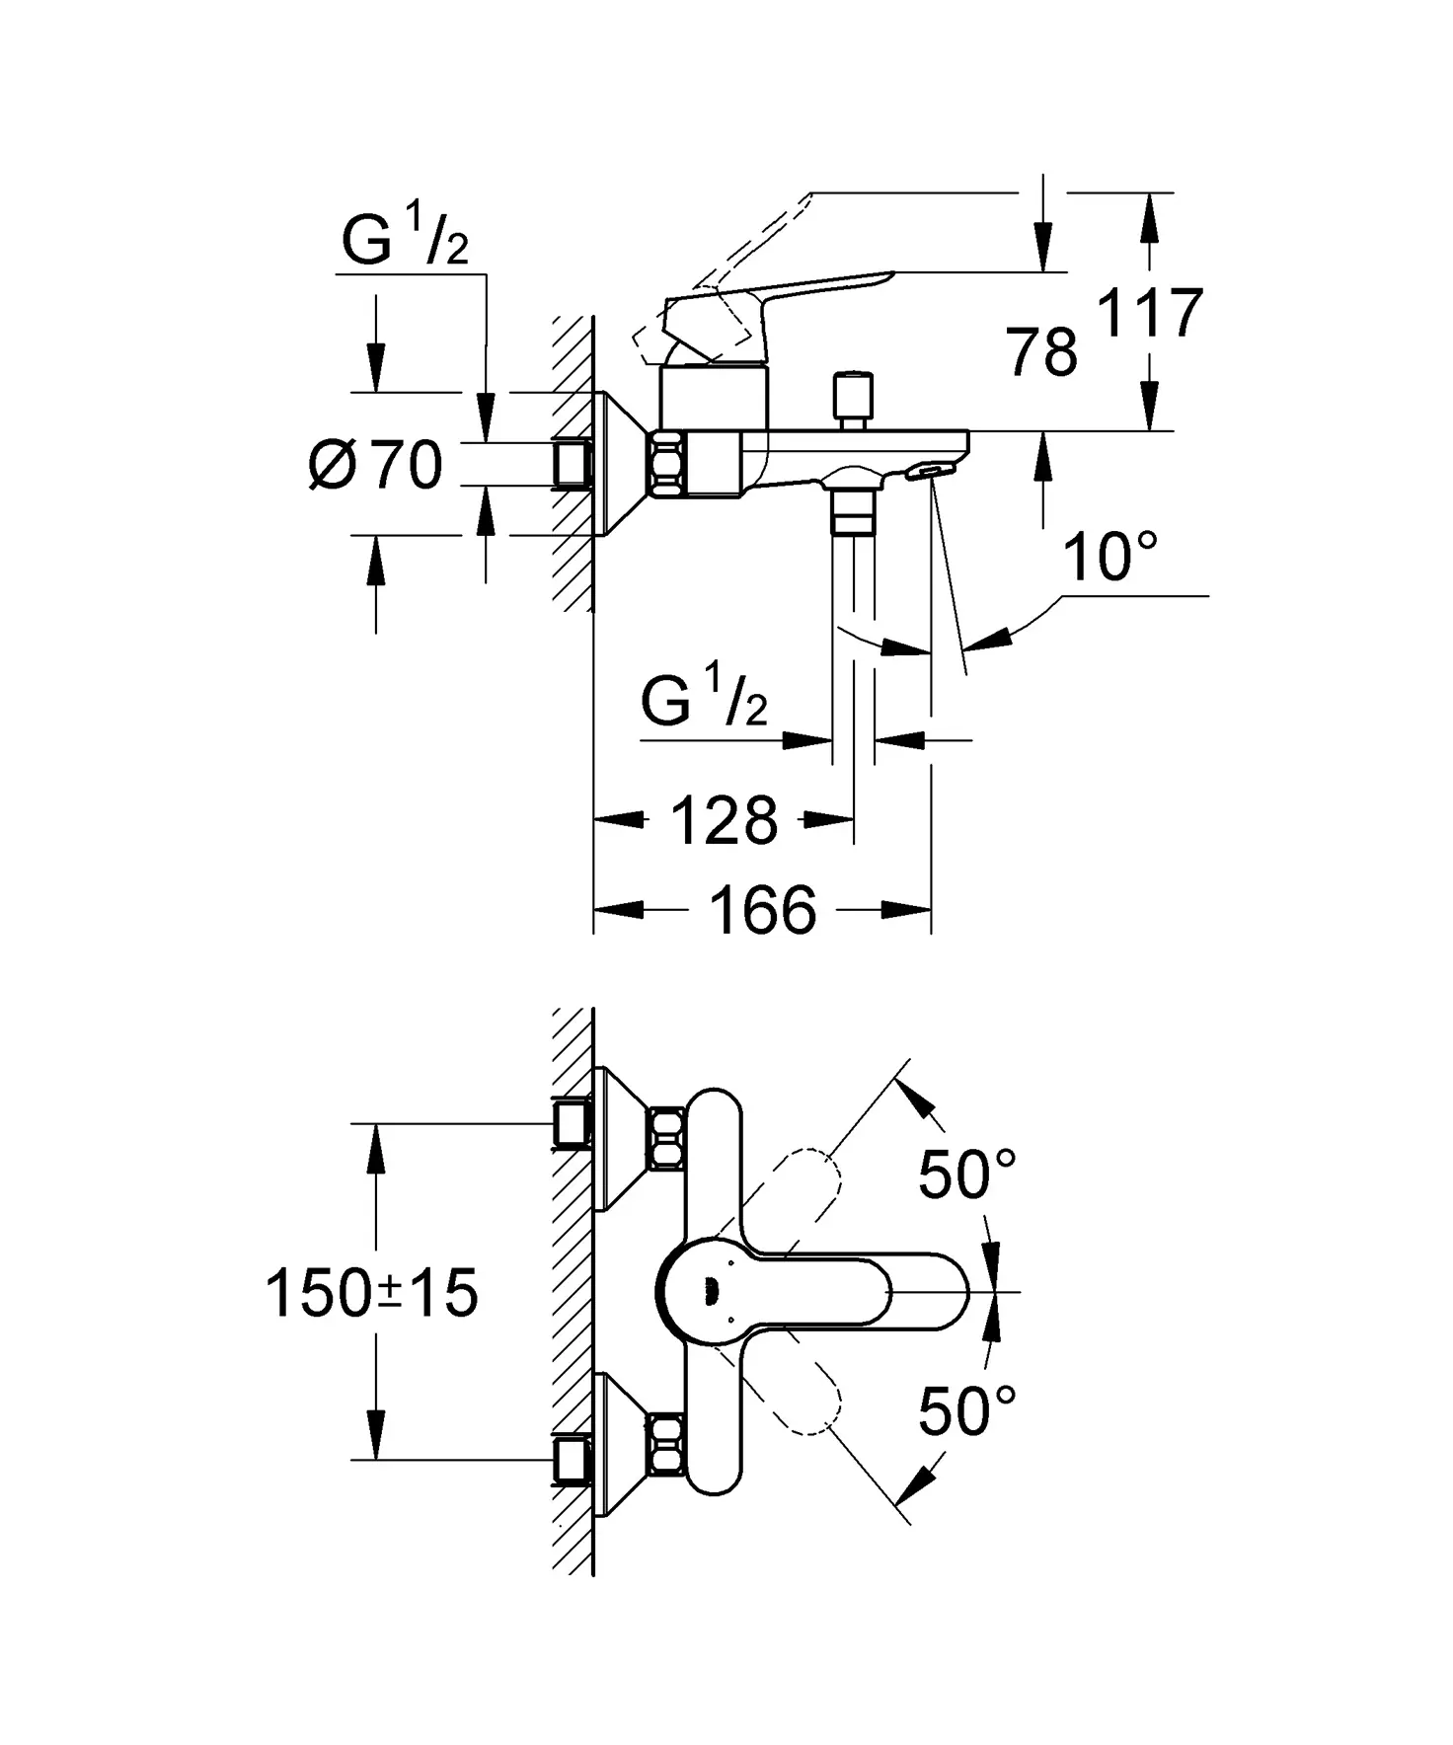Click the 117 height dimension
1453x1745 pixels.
tap(1150, 314)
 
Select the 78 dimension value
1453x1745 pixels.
tap(1041, 352)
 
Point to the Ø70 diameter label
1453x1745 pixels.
tap(376, 465)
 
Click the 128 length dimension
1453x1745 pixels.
tap(724, 820)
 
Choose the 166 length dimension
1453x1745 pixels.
tap(762, 910)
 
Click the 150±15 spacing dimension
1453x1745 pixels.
tap(372, 1293)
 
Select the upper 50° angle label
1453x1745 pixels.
tap(966, 1174)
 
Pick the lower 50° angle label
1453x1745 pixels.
tap(966, 1410)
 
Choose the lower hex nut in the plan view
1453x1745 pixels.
tap(666, 1444)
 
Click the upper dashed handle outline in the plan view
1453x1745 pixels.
tap(796, 1188)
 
